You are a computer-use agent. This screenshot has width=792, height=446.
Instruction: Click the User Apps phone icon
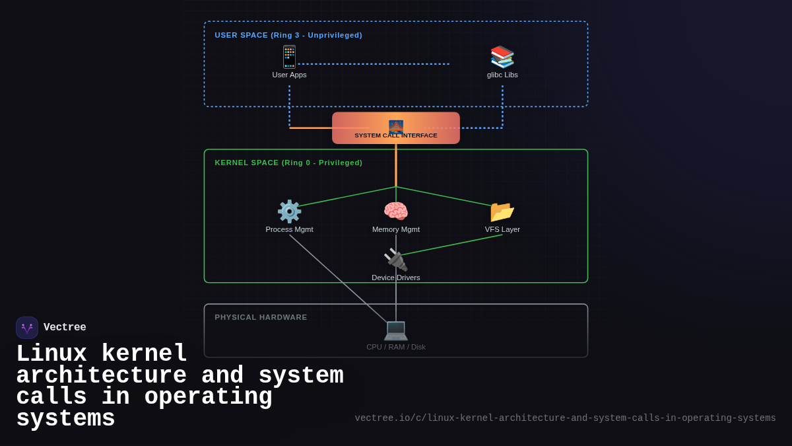[289, 57]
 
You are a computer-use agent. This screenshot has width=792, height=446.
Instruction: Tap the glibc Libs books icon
[502, 57]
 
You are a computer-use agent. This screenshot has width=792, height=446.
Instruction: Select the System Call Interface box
[396, 128]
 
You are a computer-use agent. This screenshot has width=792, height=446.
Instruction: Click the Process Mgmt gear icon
[289, 211]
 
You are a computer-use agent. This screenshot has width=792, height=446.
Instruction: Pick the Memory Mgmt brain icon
[396, 211]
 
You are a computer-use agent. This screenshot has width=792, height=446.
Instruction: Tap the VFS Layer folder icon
[502, 211]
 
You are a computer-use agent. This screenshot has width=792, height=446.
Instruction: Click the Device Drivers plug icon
[396, 260]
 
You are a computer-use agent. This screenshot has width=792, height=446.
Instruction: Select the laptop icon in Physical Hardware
[396, 329]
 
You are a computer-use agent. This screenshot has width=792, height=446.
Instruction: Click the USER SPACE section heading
[288, 35]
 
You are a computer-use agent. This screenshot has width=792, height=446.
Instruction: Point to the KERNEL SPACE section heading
[288, 163]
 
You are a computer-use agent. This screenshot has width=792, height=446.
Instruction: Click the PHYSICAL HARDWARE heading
[261, 317]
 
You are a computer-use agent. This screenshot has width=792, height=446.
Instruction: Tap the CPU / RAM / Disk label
[396, 347]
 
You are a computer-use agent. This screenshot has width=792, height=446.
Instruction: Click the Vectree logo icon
[27, 328]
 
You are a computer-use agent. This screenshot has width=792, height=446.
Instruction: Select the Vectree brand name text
[65, 328]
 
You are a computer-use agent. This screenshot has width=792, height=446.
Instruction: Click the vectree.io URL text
[565, 418]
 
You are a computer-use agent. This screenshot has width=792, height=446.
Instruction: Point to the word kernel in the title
[144, 354]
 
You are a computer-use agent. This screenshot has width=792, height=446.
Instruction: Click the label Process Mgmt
[289, 229]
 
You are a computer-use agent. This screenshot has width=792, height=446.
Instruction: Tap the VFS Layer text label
[502, 229]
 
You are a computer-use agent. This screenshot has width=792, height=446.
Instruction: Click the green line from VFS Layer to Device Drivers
[452, 245]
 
